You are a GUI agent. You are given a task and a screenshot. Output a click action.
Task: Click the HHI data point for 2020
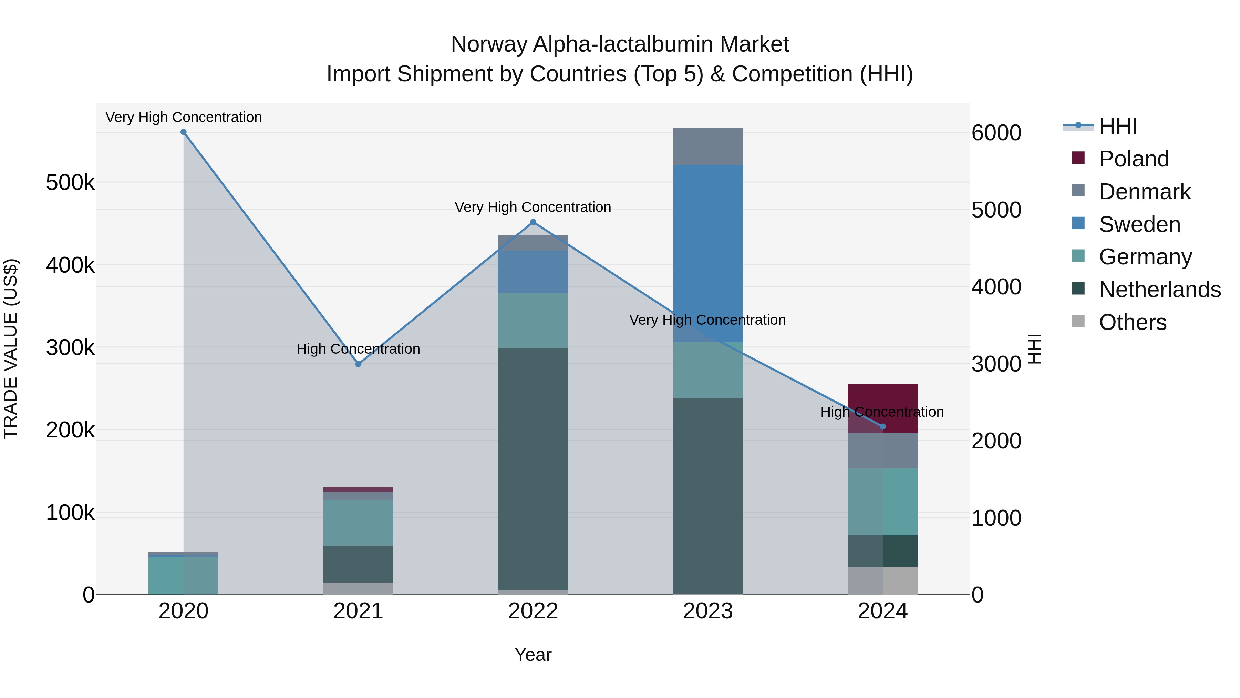coord(183,132)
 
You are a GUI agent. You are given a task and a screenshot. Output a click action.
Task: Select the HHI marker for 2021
coord(358,364)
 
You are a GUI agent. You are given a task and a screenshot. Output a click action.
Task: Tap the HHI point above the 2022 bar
coord(533,222)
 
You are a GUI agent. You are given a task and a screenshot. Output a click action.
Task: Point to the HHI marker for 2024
coord(882,426)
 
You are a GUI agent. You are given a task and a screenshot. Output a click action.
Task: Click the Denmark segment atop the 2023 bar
coord(707,146)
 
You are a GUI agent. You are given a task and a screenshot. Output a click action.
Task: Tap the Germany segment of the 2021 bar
coord(358,523)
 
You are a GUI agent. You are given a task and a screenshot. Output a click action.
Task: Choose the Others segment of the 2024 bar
coord(882,580)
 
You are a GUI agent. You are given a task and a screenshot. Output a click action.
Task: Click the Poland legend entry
coord(1134,159)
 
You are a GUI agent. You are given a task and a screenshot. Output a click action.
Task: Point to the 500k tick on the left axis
coord(70,183)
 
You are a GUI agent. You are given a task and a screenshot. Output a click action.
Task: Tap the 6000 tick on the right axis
coord(996,133)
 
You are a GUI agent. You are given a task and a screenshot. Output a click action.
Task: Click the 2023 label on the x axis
coord(707,611)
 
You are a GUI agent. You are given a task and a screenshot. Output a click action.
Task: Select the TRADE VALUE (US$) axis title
coord(11,349)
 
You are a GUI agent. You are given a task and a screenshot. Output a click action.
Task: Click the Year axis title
coord(533,655)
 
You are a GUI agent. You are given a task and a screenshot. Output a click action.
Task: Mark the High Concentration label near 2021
coord(358,349)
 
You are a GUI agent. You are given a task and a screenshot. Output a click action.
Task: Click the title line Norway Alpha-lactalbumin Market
coord(620,44)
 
